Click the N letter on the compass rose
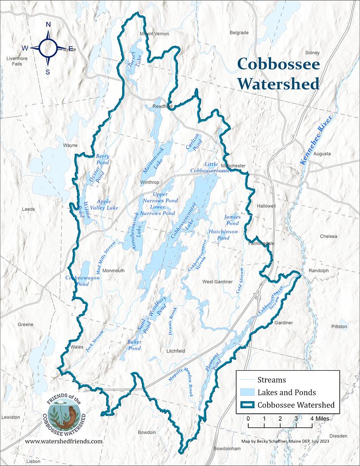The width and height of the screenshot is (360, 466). (48, 25)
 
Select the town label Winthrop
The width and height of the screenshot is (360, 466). (150, 182)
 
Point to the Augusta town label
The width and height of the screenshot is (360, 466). (322, 154)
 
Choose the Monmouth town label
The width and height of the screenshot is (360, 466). (114, 271)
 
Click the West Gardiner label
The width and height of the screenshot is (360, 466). (218, 282)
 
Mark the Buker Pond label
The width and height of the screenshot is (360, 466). (135, 345)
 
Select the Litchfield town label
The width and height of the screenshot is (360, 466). (176, 351)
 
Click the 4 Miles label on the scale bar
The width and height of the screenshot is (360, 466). (319, 419)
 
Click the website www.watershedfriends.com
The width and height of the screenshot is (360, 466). (64, 441)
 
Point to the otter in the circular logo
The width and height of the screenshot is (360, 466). (69, 416)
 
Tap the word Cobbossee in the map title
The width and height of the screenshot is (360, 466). (278, 65)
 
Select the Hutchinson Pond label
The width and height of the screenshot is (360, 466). (223, 235)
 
